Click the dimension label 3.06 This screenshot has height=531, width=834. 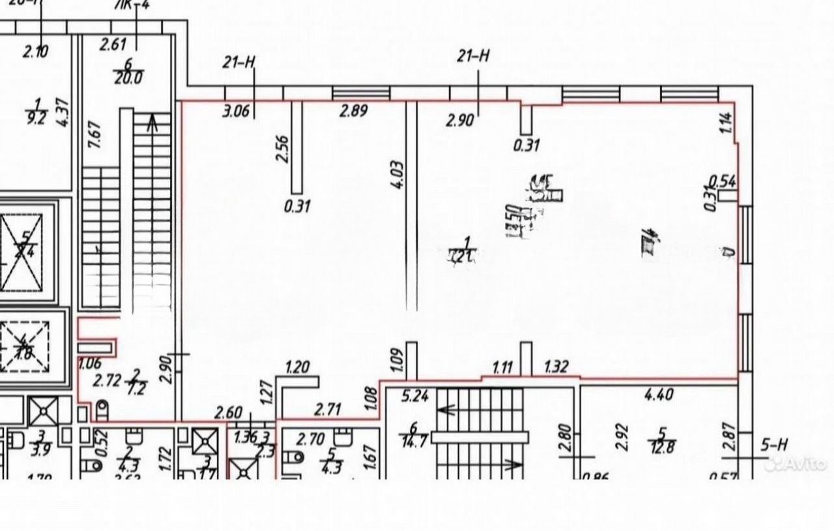click(236, 111)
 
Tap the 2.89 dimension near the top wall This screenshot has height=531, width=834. click(353, 110)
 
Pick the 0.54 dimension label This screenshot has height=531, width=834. click(722, 181)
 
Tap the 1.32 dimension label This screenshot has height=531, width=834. click(556, 367)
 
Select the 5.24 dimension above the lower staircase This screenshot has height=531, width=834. click(415, 395)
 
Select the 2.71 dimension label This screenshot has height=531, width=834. click(328, 410)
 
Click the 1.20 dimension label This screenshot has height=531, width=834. click(297, 367)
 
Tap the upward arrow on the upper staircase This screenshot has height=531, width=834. click(152, 123)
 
